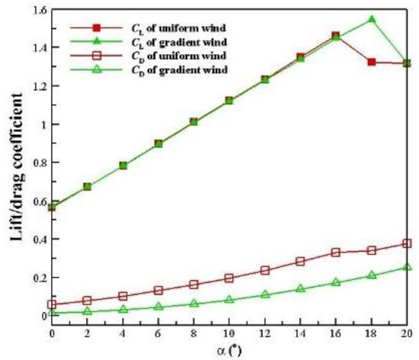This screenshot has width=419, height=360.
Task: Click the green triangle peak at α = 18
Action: [x=372, y=19]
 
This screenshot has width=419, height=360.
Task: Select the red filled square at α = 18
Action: [x=372, y=62]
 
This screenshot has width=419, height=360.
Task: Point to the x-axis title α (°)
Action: [x=229, y=350]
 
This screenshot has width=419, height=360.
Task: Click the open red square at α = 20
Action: [x=407, y=243]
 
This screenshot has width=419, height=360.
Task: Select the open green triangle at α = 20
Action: [x=407, y=267]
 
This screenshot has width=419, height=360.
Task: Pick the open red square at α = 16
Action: [x=336, y=252]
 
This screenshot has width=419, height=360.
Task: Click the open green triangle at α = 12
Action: [x=265, y=294]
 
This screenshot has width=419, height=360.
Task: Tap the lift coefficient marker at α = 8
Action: [x=194, y=121]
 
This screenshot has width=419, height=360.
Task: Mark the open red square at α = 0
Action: [x=52, y=304]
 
